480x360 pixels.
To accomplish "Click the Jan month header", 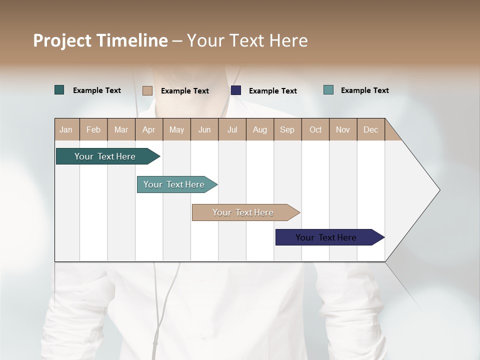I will click(x=66, y=129).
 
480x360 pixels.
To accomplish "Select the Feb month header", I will click(x=93, y=129).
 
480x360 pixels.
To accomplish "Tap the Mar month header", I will click(x=121, y=129).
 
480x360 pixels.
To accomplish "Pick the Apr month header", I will click(x=149, y=129).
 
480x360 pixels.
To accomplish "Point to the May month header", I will click(x=176, y=129).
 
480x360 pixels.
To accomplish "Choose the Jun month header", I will click(x=204, y=129).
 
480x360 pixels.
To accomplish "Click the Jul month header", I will click(x=232, y=129).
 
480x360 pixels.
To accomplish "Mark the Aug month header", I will click(x=260, y=129).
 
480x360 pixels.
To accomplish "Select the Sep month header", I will click(x=287, y=129).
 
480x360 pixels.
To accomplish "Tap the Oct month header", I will click(x=315, y=129).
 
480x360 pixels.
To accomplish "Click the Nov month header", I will click(x=343, y=129).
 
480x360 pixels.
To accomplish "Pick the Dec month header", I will click(x=371, y=129).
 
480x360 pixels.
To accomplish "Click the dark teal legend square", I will click(x=59, y=90).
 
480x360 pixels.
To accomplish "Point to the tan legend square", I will click(x=147, y=90).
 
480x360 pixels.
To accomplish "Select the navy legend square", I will click(x=236, y=90).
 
